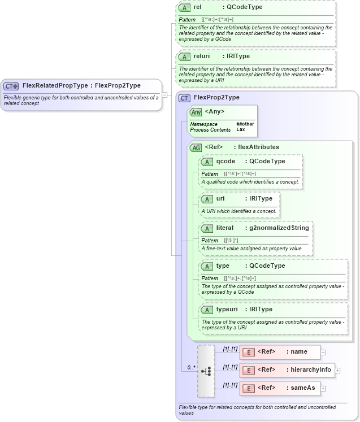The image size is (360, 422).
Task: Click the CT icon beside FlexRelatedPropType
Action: [11, 86]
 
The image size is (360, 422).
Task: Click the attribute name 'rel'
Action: [198, 7]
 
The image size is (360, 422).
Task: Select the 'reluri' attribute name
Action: [201, 56]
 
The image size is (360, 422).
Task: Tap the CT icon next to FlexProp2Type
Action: [184, 97]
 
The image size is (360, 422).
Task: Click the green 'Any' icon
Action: [196, 112]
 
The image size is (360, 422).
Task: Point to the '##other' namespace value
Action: [245, 124]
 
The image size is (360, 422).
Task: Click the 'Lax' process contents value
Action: [241, 129]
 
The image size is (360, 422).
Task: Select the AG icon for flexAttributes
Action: [196, 147]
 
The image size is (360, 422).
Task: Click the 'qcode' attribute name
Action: [225, 161]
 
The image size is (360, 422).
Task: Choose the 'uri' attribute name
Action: [220, 198]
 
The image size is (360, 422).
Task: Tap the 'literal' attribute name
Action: [225, 228]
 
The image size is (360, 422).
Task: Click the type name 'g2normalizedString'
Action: [279, 228]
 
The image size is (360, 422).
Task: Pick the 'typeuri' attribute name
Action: [228, 309]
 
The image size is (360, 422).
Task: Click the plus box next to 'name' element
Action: [323, 352]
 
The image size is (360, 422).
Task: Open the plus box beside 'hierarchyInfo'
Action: [337, 371]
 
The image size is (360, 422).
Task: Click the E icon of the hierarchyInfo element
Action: [248, 370]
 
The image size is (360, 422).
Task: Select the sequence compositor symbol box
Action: [206, 371]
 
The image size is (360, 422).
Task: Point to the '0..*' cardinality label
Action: [192, 368]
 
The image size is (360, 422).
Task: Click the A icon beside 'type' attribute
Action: [207, 266]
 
